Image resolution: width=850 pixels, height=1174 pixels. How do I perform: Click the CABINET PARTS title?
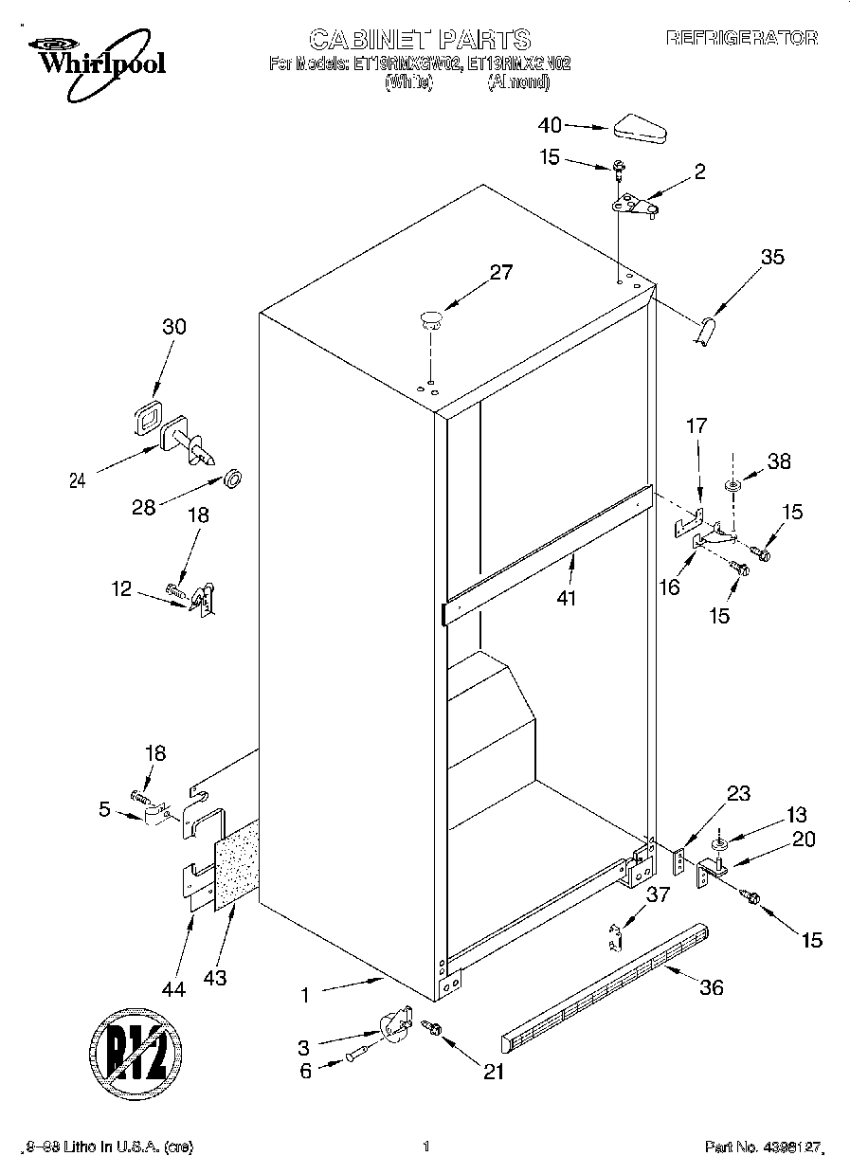point(419,39)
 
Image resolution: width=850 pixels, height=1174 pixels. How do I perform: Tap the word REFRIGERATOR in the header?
point(741,38)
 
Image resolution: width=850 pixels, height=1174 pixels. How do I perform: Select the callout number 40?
point(550,125)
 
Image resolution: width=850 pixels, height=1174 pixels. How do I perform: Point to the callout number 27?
point(500,273)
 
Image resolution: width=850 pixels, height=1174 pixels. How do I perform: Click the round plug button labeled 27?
point(431,318)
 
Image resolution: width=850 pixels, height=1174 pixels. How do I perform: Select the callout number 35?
point(772,257)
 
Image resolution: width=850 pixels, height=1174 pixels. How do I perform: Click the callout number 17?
point(696,427)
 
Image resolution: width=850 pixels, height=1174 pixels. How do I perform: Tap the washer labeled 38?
point(732,486)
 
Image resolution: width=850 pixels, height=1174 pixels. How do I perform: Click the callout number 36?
point(711,988)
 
